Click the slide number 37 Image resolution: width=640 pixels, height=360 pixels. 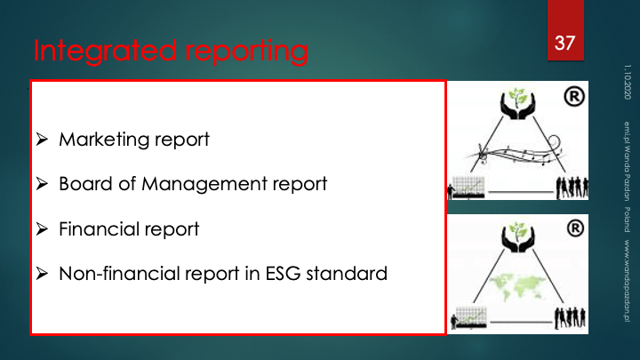[x=565, y=43]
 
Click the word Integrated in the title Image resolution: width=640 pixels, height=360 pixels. [x=105, y=51]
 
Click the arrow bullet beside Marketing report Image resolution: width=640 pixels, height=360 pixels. [x=42, y=140]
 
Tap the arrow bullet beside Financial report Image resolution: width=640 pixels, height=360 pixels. [x=42, y=229]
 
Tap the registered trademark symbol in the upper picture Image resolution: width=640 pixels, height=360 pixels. [x=574, y=97]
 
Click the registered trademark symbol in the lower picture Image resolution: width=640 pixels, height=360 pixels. [x=575, y=228]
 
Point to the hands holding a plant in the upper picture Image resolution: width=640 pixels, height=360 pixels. [x=517, y=104]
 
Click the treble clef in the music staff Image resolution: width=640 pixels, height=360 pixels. [x=483, y=154]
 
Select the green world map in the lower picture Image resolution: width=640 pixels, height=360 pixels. [x=517, y=286]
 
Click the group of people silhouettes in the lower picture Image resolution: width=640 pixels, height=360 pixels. [x=570, y=317]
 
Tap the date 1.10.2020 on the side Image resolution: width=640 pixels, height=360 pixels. [x=628, y=82]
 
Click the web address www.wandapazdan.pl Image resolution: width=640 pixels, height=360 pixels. [x=627, y=281]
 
